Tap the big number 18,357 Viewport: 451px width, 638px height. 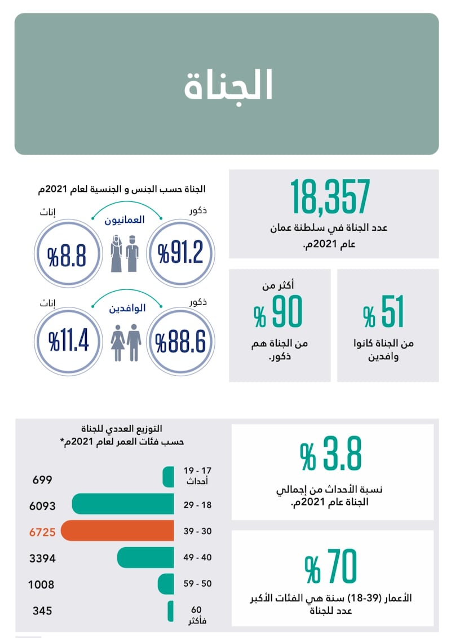330,197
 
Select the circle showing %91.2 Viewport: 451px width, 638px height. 180,253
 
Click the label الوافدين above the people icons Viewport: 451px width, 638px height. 125,309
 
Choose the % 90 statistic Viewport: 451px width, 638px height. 278,313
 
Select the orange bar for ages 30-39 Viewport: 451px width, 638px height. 117,531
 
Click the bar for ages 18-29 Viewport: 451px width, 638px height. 122,504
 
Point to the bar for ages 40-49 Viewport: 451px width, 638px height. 145,557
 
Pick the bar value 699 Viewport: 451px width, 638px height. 42,480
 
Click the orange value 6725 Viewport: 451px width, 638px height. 42,531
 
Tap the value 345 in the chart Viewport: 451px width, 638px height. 42,610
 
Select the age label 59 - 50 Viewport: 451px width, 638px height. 198,583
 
